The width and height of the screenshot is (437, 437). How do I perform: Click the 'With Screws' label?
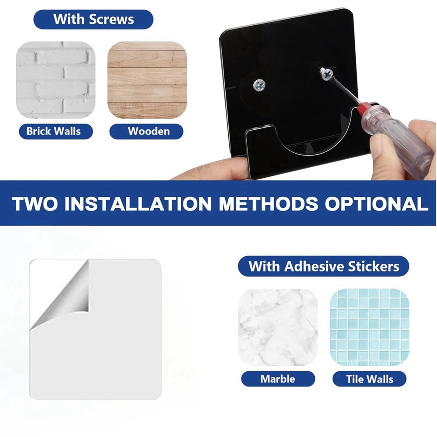pos(93,19)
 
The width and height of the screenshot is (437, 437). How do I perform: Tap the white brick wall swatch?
pos(56,80)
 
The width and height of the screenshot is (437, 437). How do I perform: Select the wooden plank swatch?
pos(147,80)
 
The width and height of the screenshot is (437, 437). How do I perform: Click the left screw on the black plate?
pos(259,85)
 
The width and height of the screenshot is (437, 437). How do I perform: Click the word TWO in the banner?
pos(35,204)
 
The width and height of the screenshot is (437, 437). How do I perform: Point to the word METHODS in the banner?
pos(268,204)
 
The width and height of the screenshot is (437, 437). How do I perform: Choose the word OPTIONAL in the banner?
pos(376,204)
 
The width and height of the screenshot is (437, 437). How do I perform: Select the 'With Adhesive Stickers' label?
pos(323,266)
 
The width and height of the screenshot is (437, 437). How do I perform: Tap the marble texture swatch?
pos(278,327)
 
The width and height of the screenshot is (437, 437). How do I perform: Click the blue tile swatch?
pos(370,327)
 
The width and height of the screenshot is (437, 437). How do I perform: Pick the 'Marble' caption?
pos(278,379)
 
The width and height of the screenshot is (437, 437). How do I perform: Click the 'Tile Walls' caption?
pos(370,379)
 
